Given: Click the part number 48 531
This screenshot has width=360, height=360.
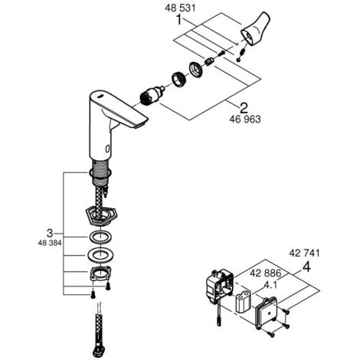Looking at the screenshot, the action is click(x=180, y=8).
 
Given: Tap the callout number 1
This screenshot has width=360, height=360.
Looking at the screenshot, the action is click(x=179, y=20).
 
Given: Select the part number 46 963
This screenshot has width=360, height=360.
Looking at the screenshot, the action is click(x=245, y=119).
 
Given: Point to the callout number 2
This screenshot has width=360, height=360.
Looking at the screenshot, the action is click(x=244, y=108).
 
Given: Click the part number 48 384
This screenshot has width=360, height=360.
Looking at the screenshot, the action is click(x=50, y=243).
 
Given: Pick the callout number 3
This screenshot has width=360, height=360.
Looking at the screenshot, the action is click(x=50, y=233).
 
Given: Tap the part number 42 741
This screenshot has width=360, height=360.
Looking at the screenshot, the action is click(x=304, y=253).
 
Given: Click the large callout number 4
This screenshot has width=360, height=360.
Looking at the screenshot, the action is click(x=306, y=267).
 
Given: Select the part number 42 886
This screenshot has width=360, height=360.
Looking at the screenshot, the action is click(x=265, y=273).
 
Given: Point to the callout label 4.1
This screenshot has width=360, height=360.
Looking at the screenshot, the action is click(x=270, y=285).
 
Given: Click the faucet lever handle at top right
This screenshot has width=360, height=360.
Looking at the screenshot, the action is click(x=255, y=29).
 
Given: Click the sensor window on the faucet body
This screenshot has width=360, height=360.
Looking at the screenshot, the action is click(x=108, y=148).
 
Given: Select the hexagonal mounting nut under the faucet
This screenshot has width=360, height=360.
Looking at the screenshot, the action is click(x=101, y=216).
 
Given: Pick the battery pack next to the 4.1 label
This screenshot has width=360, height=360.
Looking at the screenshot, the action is click(x=244, y=303).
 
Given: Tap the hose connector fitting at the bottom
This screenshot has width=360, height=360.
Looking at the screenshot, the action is click(x=99, y=352).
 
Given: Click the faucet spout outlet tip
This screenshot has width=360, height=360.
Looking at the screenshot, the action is click(x=140, y=124).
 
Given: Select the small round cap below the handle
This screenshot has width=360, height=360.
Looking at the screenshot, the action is click(x=238, y=60).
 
